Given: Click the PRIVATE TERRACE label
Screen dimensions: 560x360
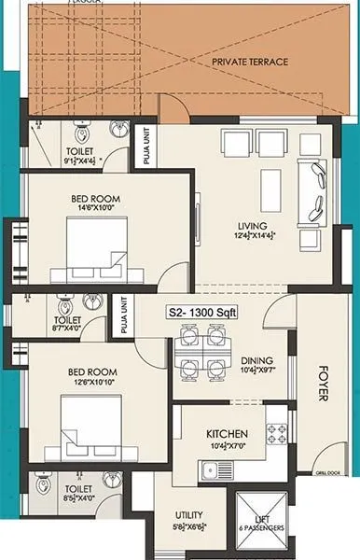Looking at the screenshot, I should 249,62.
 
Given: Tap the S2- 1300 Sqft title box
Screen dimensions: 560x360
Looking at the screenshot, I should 201,313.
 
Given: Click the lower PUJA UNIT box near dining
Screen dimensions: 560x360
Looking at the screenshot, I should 122,315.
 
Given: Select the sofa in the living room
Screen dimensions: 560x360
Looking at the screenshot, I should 312,193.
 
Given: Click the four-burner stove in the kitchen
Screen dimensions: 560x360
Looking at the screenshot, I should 278,433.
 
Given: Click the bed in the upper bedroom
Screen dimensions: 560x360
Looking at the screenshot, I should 96,245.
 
